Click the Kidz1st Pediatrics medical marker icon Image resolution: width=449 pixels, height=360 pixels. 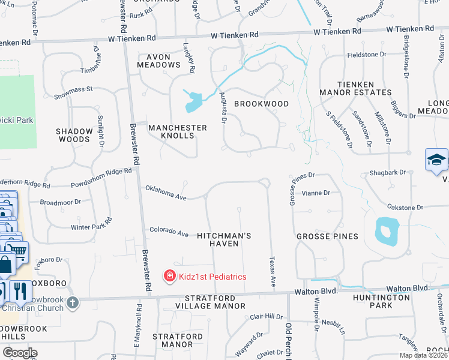tap(170, 276)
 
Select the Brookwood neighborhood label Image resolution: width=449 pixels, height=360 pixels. tap(261, 104)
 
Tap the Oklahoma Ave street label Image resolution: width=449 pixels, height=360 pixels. tap(166, 193)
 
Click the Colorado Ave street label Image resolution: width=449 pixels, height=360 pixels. tap(169, 232)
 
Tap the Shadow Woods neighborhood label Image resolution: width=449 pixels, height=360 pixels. tap(73, 135)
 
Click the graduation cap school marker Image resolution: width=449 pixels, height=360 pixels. tap(436, 160)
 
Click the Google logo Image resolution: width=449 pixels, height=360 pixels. tap(19, 353)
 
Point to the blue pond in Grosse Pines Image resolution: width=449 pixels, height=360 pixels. tap(386, 231)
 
